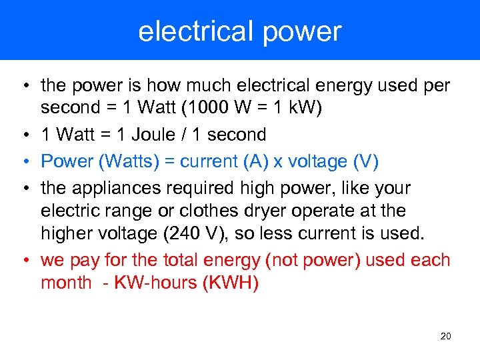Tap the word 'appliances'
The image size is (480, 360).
(127, 189)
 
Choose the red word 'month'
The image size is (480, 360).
(66, 283)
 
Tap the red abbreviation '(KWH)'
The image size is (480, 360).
(233, 283)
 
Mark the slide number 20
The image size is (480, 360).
(446, 336)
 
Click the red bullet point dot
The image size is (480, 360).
(23, 260)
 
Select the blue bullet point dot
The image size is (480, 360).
(23, 161)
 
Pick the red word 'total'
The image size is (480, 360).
(194, 260)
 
